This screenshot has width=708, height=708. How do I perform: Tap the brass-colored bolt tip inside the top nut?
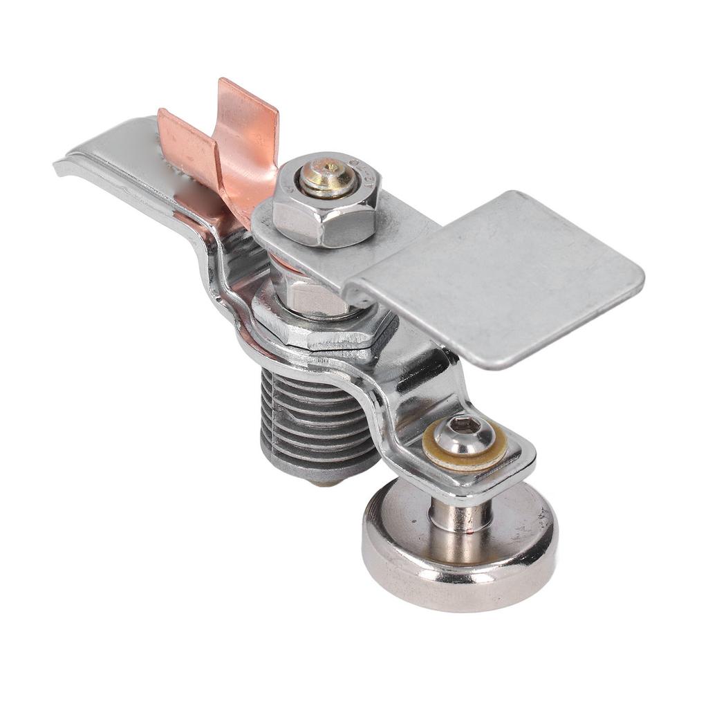tap(328, 178)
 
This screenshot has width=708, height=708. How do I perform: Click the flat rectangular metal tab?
tap(505, 277)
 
